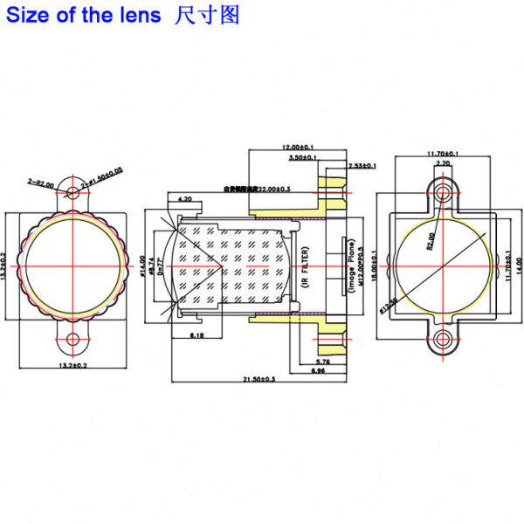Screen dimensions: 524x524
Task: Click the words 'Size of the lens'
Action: [84, 15]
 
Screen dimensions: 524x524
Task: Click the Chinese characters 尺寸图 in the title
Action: [207, 15]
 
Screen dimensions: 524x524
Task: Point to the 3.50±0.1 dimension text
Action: [302, 158]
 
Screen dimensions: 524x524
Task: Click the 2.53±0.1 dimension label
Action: [362, 165]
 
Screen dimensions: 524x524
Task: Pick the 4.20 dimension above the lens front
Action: [185, 199]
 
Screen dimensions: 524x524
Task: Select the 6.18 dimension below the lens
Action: [196, 334]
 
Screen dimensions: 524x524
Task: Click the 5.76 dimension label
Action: [321, 361]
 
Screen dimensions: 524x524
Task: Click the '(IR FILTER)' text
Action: [305, 267]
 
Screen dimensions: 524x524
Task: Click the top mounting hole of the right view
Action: [443, 190]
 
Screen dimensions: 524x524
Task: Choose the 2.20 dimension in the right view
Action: [443, 163]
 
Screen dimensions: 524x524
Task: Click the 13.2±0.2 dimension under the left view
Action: [72, 364]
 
